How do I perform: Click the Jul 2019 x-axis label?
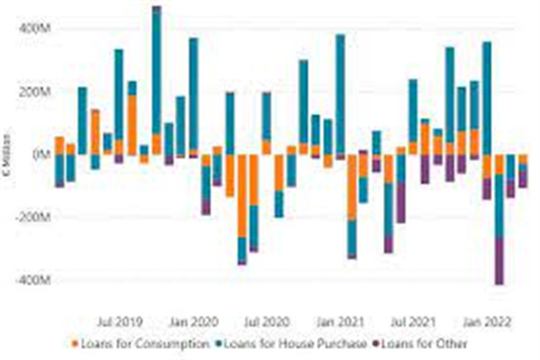[x=117, y=320]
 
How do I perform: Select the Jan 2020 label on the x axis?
[x=192, y=320]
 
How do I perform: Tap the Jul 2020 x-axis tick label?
[x=267, y=320]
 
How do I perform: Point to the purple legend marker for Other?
[x=375, y=343]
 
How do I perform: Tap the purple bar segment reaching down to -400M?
[x=499, y=261]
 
